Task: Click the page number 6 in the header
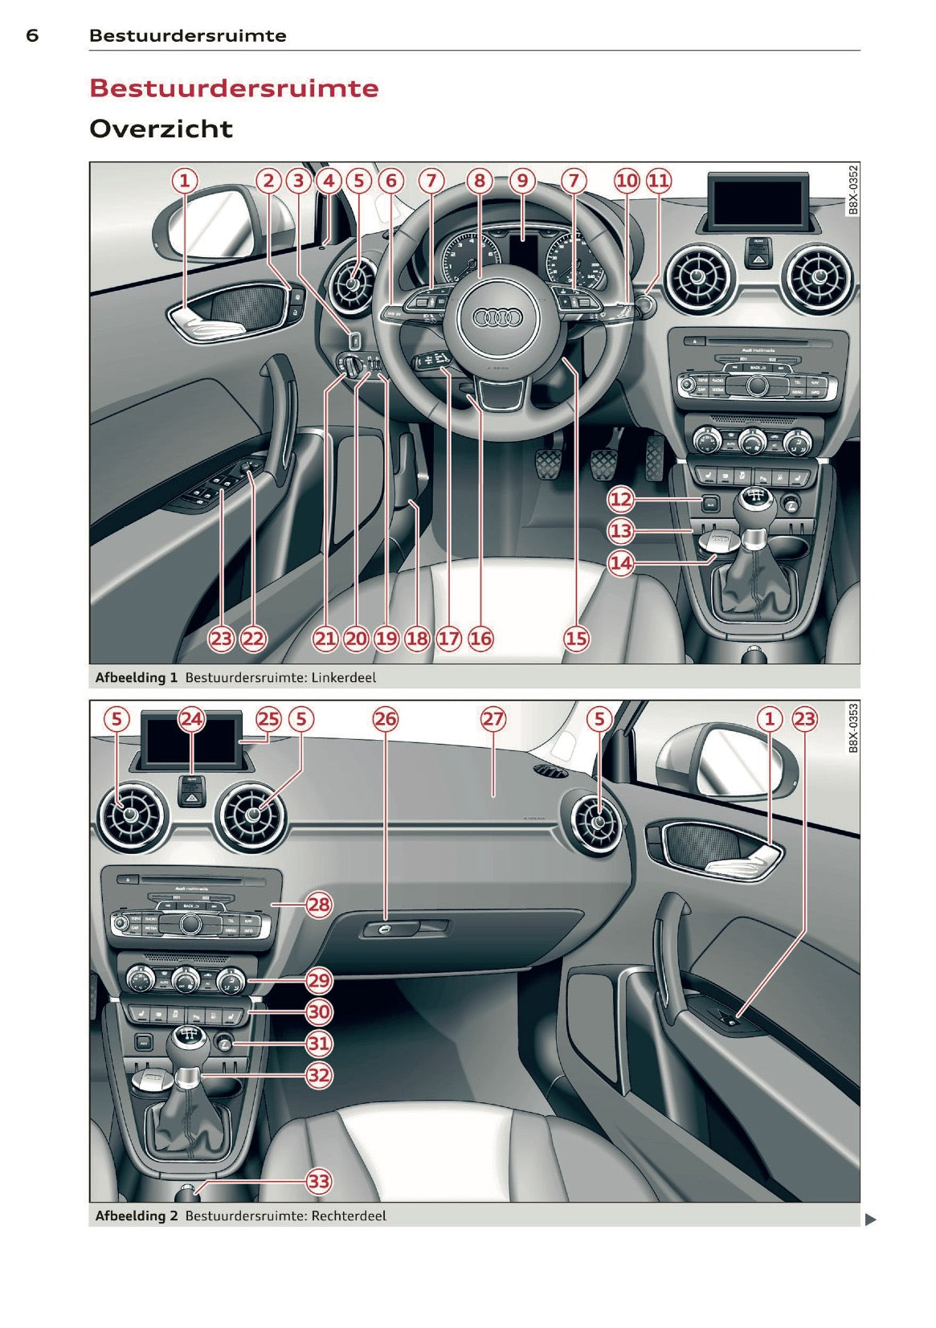(32, 35)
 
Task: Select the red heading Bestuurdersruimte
(234, 88)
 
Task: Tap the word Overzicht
(161, 129)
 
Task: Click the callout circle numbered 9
(522, 181)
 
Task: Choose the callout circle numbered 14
(621, 562)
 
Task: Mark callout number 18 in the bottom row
(417, 639)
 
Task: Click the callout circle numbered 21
(325, 639)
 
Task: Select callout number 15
(576, 639)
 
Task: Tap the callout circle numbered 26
(386, 718)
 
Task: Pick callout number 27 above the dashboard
(493, 718)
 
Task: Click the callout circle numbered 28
(319, 905)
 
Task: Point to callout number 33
(319, 1181)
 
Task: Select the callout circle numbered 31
(319, 1044)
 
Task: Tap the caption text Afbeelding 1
(136, 677)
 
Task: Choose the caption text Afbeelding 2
(136, 1216)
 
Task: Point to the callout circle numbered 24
(191, 718)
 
